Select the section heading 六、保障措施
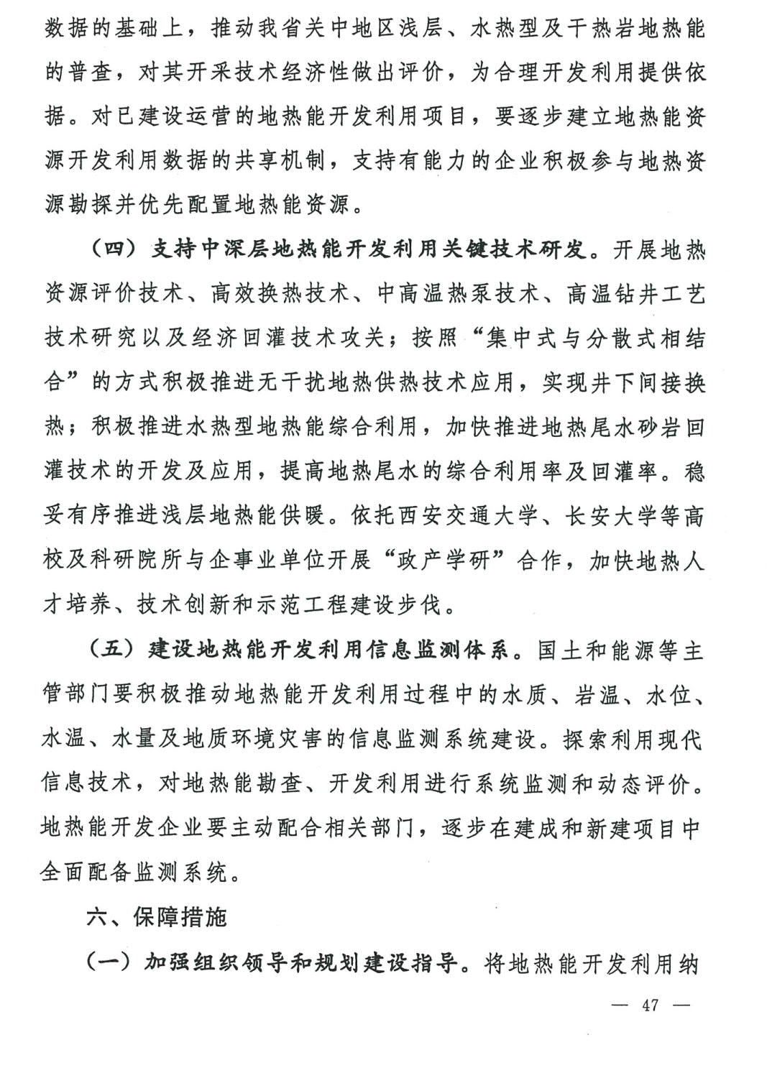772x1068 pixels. (x=157, y=918)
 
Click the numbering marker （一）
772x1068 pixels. (x=112, y=962)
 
